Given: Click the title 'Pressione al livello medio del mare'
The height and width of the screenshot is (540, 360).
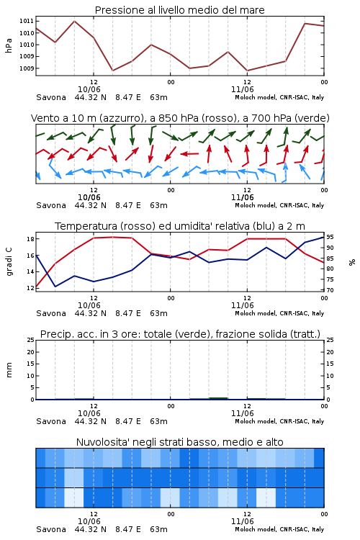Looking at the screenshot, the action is tap(179, 10).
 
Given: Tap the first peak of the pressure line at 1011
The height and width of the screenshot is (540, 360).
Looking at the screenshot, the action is tap(74, 21).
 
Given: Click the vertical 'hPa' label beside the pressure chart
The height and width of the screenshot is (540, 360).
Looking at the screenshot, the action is tap(9, 45).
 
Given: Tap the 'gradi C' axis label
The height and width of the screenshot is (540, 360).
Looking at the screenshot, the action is tap(9, 261).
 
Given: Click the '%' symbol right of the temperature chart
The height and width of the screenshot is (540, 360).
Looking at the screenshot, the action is tap(352, 262).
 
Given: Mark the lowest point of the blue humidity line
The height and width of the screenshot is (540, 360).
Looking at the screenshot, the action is tap(55, 286).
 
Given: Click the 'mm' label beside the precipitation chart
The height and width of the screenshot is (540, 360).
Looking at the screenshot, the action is tap(9, 370).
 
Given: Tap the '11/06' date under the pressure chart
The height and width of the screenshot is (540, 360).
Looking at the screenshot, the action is tap(242, 89).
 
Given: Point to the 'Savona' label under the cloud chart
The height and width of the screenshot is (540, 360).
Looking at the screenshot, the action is tap(51, 529).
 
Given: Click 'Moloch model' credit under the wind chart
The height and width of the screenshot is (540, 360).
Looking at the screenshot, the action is tap(256, 205).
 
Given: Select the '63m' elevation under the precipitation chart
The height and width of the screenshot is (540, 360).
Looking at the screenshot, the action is tap(159, 421).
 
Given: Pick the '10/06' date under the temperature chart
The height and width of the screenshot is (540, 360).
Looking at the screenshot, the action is tap(89, 305).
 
